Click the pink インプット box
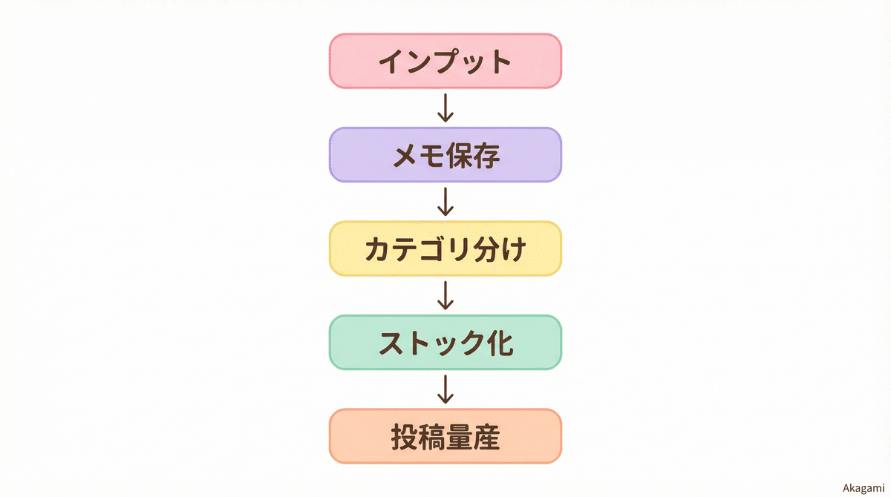click(x=446, y=61)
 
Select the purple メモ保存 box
click(x=446, y=155)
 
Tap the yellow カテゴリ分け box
click(x=446, y=249)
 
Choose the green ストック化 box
click(x=446, y=342)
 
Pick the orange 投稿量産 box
click(x=446, y=436)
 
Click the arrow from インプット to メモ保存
click(x=446, y=108)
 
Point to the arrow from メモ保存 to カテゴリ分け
click(x=446, y=202)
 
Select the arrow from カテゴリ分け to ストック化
click(x=446, y=295)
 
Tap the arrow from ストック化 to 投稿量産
click(x=446, y=389)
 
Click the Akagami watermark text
click(x=864, y=487)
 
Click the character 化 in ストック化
click(x=497, y=343)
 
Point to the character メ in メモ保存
click(x=407, y=156)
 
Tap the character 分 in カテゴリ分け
click(x=485, y=249)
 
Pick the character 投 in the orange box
click(x=405, y=437)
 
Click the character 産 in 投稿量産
click(x=486, y=437)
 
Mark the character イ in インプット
click(x=391, y=62)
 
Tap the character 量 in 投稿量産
click(x=459, y=437)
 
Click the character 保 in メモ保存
click(x=459, y=156)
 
